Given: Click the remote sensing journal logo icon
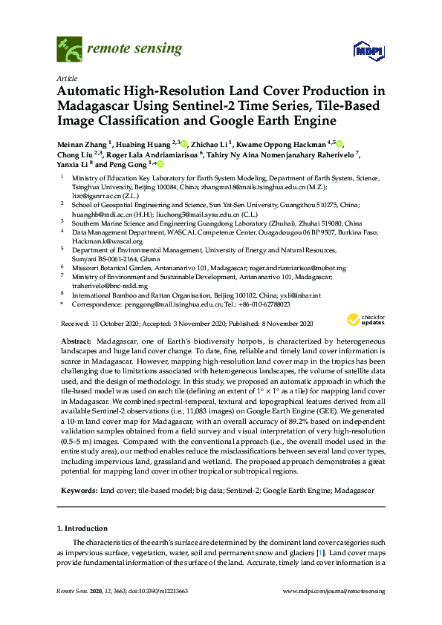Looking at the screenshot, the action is point(69,49).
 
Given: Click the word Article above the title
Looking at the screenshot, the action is point(65,77).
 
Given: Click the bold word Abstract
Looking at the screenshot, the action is point(77,339).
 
